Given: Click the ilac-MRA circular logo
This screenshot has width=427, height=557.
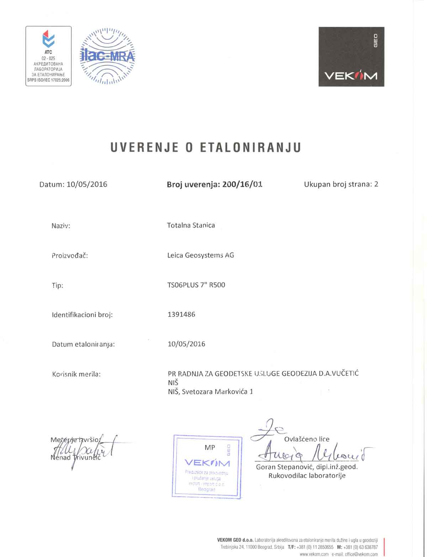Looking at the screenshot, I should point(107,56).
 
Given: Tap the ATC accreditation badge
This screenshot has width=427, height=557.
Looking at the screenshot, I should point(49,56).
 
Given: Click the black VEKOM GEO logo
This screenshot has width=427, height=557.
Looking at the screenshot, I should point(351,57).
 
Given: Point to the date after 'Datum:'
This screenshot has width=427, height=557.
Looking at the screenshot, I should point(87,184).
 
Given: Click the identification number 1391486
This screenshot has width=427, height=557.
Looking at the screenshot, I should point(181,314).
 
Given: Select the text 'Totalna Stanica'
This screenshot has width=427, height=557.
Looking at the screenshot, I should point(191,225).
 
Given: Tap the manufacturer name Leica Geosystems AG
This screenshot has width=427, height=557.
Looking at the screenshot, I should point(200,255).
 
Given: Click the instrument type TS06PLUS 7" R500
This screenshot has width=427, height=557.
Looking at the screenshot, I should point(196,285).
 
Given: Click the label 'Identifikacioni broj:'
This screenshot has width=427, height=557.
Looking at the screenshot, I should point(82,315).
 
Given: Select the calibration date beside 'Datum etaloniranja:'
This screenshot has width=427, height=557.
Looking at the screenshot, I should point(186,344).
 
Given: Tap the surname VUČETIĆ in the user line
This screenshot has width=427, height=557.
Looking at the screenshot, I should point(345,374).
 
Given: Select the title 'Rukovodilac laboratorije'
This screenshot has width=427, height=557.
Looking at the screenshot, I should point(307,476).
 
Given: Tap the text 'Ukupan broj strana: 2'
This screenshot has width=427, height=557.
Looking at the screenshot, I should point(341,184).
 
